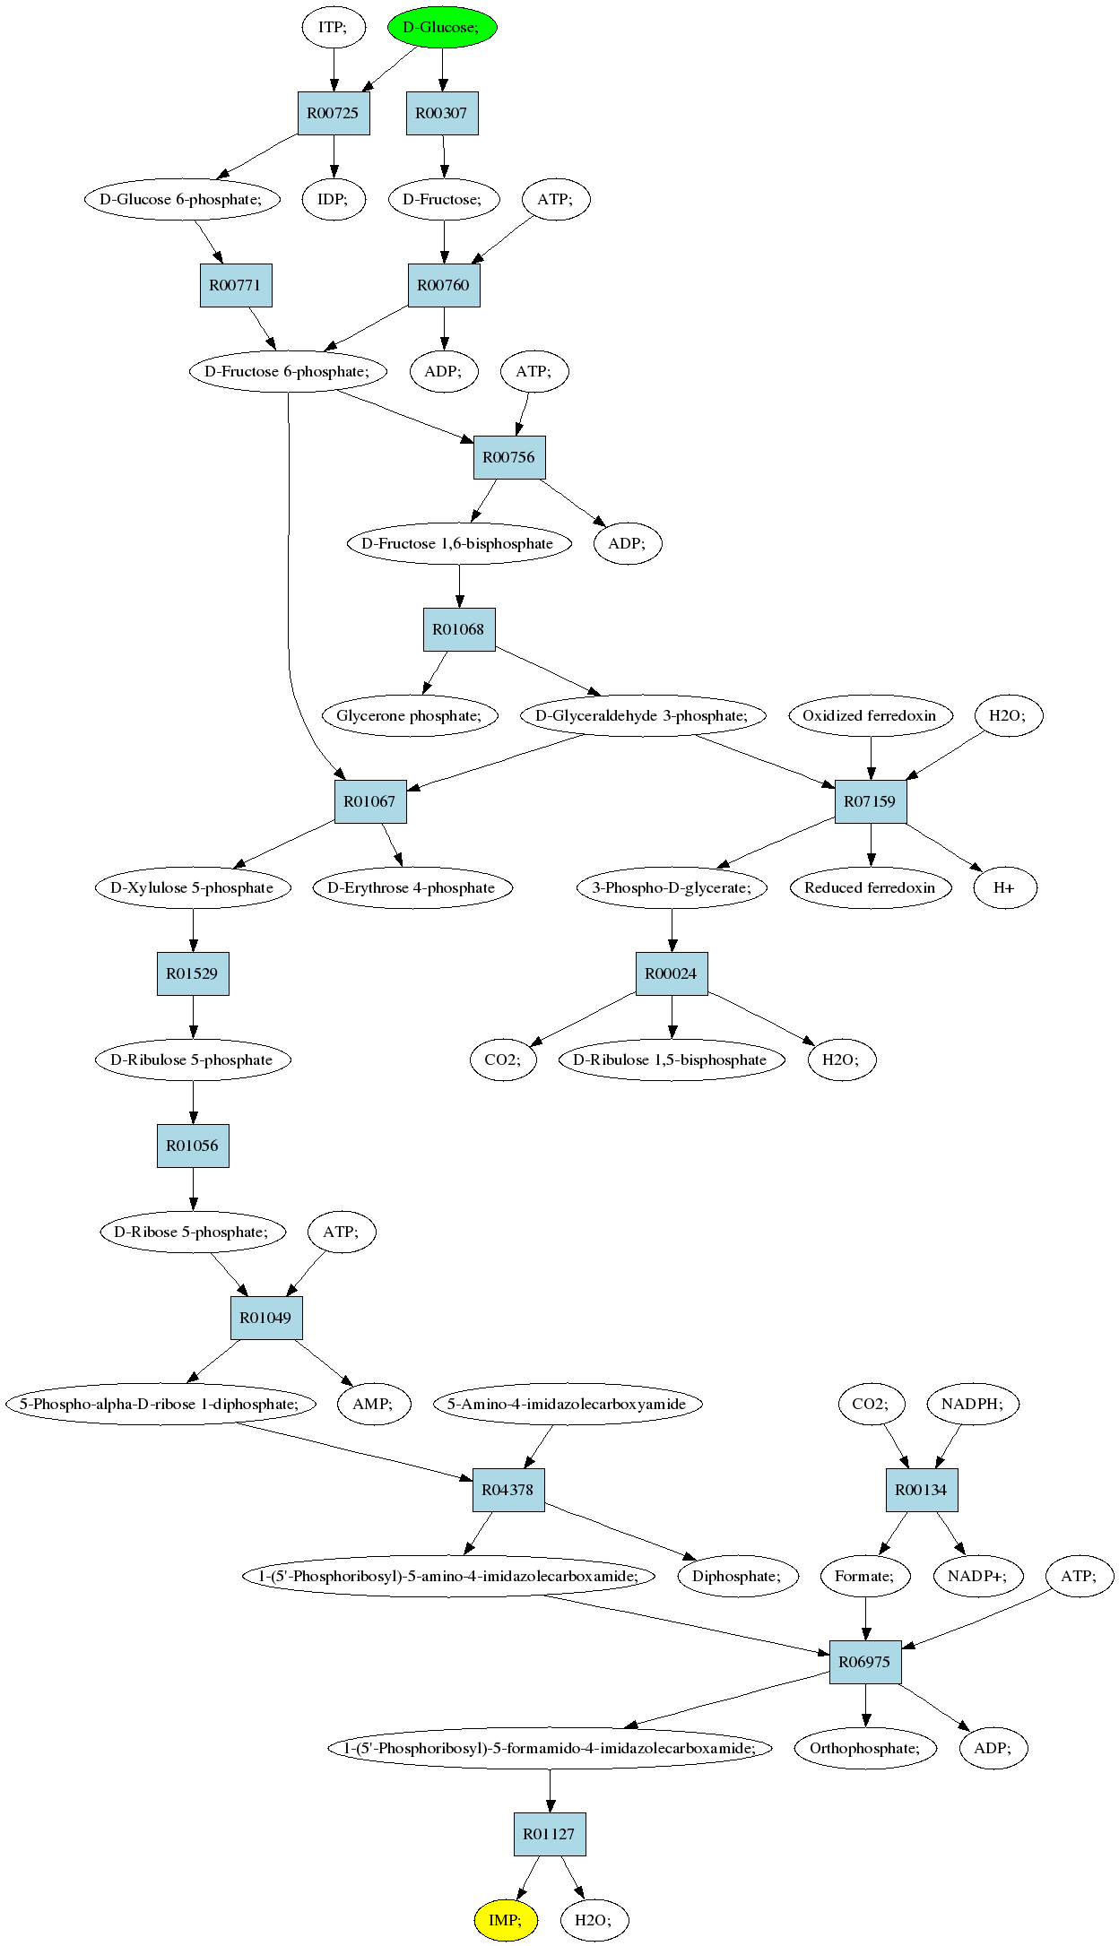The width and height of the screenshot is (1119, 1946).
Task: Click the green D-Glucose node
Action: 442,27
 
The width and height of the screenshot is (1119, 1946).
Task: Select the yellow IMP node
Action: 506,1919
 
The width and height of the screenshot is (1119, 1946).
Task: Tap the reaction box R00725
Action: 334,113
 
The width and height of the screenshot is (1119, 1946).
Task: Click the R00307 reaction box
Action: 442,113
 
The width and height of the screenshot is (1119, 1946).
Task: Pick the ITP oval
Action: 334,27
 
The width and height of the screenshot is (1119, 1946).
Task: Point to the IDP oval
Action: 334,199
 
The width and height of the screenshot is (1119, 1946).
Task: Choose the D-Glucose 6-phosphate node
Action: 182,199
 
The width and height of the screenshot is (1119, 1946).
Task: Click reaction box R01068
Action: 459,629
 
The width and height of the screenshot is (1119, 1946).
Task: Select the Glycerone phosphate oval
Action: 410,715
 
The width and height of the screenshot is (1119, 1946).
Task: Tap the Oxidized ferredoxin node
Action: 870,715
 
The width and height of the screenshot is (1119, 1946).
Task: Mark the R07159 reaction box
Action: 871,801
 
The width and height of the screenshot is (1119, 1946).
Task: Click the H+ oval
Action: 1005,887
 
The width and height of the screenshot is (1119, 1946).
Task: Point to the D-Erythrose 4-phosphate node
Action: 412,887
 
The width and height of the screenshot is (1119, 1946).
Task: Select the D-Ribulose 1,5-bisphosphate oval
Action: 672,1059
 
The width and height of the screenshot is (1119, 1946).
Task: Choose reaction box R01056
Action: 193,1146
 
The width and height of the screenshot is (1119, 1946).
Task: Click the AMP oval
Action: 374,1404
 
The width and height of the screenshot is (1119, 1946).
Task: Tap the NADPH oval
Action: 974,1404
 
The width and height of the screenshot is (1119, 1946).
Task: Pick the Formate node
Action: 865,1576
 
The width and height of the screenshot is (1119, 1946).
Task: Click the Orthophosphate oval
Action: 865,1748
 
